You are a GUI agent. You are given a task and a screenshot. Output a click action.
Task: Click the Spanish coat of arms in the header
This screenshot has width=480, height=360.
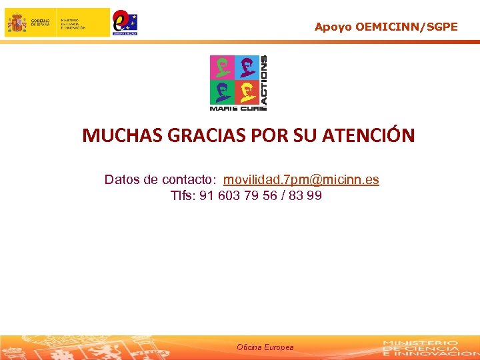(16, 23)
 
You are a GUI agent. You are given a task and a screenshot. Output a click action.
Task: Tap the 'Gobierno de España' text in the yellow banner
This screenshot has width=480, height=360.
(38, 22)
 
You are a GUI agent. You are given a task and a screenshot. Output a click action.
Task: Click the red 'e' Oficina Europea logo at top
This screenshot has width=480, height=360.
(124, 22)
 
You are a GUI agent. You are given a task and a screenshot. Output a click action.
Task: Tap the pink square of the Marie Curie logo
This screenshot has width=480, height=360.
(221, 68)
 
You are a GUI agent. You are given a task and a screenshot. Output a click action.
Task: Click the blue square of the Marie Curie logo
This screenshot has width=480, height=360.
(246, 68)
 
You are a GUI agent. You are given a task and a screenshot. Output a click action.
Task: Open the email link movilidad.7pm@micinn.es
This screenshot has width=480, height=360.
(301, 180)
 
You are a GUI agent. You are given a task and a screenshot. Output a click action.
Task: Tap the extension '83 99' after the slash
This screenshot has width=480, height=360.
(307, 196)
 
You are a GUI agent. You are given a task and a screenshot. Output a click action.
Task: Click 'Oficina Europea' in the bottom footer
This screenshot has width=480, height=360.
(265, 347)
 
